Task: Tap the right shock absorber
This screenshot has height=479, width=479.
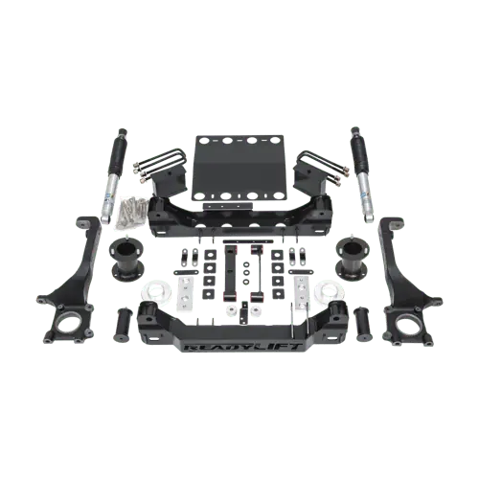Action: point(361,174)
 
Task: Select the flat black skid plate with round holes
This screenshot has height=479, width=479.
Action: point(238,169)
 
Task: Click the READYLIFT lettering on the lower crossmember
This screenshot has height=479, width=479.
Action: point(243,347)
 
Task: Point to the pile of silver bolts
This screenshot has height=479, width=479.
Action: point(130,213)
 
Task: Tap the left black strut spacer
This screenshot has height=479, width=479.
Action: point(125,260)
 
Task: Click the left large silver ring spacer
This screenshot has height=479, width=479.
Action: point(156,291)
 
